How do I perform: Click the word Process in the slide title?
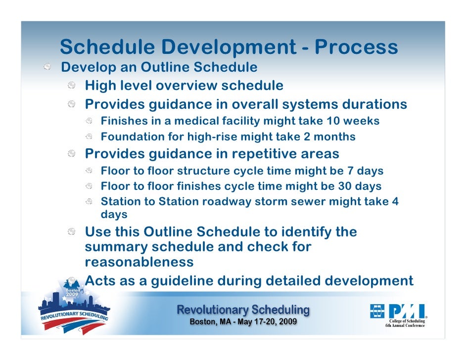tap(356, 47)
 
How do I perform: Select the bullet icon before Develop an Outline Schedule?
tap(47, 67)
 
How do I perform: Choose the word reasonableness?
tap(139, 261)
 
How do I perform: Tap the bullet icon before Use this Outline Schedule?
tap(72, 232)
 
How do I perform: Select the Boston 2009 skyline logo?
tap(74, 309)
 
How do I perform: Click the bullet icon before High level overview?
tap(72, 87)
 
